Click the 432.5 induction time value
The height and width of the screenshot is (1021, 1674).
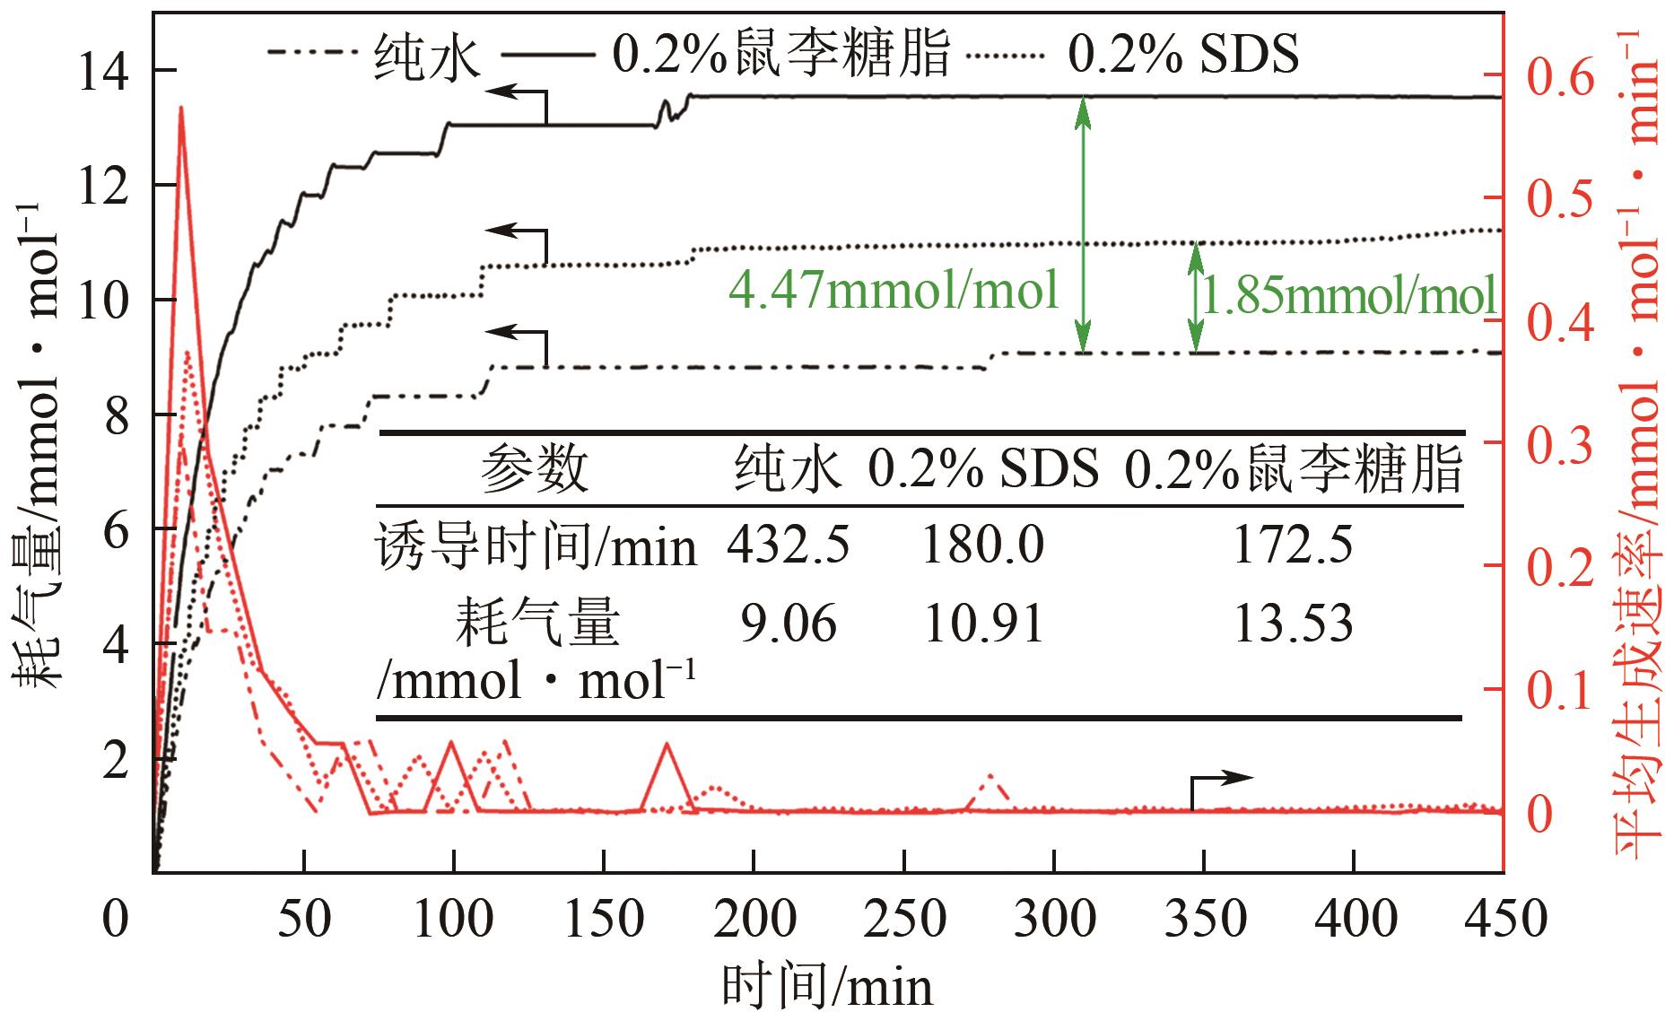788,545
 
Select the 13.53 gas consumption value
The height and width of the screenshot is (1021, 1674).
1293,624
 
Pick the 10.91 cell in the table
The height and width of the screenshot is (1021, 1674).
984,624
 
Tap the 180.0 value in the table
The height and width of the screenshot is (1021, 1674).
983,545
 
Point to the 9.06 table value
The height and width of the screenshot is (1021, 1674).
788,624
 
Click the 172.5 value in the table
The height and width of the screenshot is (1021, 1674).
1293,545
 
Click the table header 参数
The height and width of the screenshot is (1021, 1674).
535,468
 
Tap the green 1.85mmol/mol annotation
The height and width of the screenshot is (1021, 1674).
1348,296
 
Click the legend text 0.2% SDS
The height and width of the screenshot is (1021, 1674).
1182,55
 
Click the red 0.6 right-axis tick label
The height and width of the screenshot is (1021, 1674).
1561,79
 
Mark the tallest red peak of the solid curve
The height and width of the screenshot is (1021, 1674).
181,109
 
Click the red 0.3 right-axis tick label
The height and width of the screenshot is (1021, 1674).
1561,445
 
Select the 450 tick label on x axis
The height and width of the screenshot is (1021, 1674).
1502,920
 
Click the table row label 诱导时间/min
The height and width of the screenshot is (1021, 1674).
536,545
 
